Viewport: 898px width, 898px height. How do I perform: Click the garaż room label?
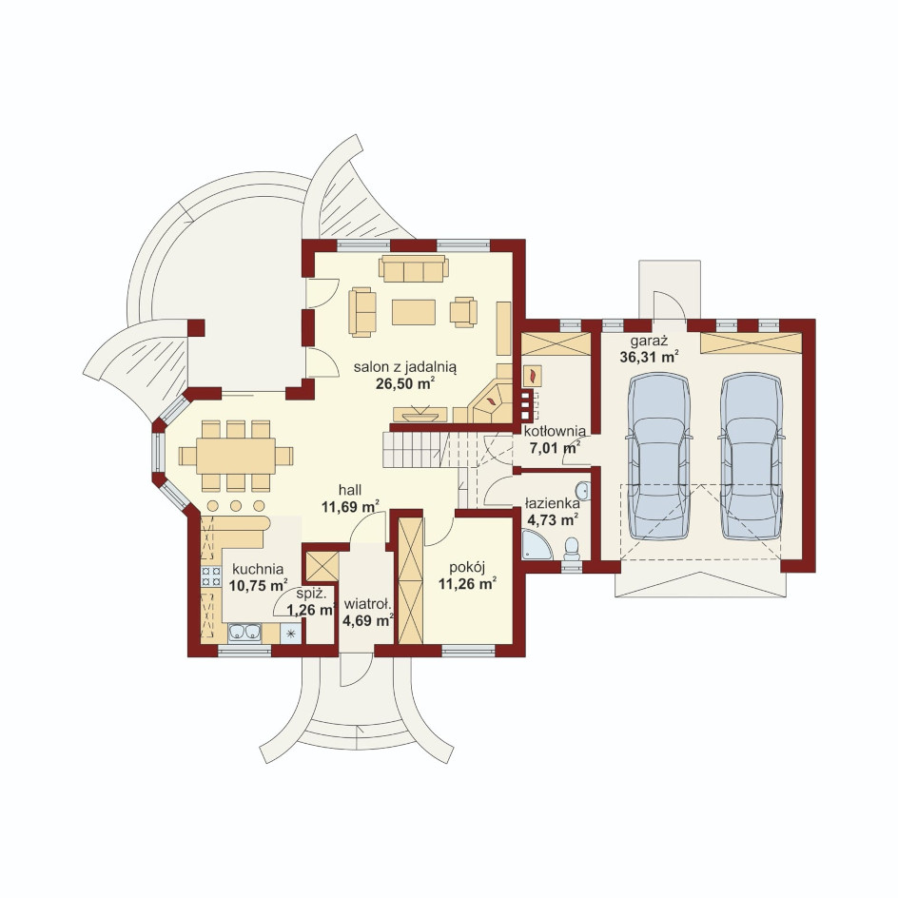pyautogui.click(x=649, y=342)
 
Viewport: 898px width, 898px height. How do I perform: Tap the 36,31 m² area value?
pyautogui.click(x=650, y=358)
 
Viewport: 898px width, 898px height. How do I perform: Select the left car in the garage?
pyautogui.click(x=658, y=456)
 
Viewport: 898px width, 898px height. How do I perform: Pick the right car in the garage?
pyautogui.click(x=752, y=456)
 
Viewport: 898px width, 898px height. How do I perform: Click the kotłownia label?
pyautogui.click(x=555, y=431)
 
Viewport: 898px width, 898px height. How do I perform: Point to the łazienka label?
pyautogui.click(x=553, y=504)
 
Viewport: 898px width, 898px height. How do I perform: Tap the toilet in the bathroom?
pyautogui.click(x=572, y=548)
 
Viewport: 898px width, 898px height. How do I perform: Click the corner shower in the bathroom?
pyautogui.click(x=537, y=544)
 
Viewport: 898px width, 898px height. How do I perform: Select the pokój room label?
pyautogui.click(x=467, y=568)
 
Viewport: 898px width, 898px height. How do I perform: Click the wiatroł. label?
pyautogui.click(x=367, y=604)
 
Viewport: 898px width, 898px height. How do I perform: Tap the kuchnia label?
pyautogui.click(x=258, y=570)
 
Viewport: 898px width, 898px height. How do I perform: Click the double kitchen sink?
pyautogui.click(x=244, y=633)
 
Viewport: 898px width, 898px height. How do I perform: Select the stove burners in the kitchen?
pyautogui.click(x=211, y=576)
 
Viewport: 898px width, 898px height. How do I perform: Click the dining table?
pyautogui.click(x=236, y=456)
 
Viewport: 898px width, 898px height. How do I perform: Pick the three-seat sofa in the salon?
pyautogui.click(x=414, y=268)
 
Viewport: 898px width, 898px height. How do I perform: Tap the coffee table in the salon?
pyautogui.click(x=414, y=312)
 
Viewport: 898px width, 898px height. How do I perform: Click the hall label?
pyautogui.click(x=350, y=490)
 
